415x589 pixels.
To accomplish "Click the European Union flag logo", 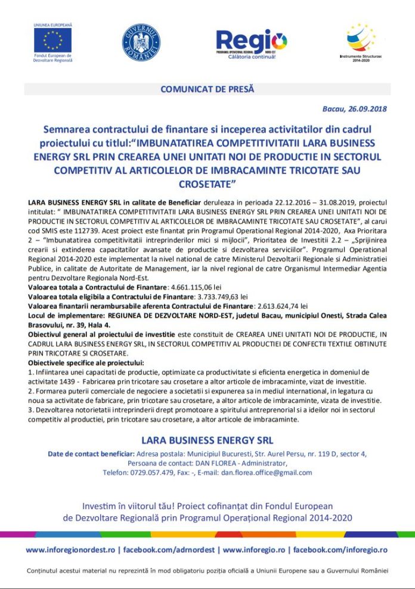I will click(53, 40).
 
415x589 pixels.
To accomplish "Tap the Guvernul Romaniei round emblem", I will click(141, 43).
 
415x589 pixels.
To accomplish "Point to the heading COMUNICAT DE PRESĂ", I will click(207, 89).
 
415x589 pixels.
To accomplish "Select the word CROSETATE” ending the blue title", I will click(207, 182).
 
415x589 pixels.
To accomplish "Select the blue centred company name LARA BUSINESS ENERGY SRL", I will click(207, 441).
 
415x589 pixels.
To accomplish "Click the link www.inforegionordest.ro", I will click(70, 549).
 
